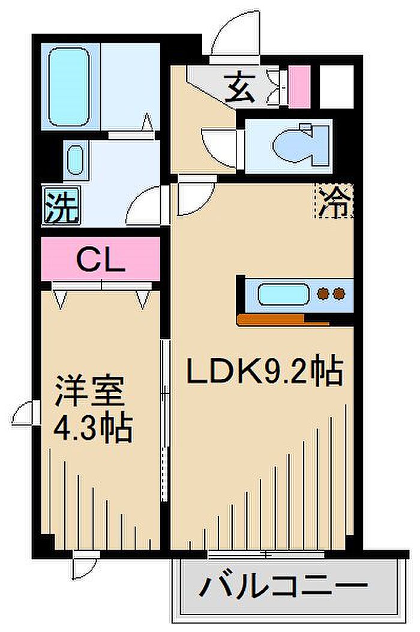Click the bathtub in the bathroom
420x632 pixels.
coord(69,87)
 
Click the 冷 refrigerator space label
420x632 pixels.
coord(334,201)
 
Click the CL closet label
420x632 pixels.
coord(101,261)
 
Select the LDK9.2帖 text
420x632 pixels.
coord(265,371)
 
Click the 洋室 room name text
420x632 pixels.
coord(90,391)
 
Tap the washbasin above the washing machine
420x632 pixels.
coord(76,160)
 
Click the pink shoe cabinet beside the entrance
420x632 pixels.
coord(300,87)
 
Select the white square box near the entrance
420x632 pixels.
coord(337,87)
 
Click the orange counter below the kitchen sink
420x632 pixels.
coord(283,319)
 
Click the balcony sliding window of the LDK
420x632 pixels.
coord(266,555)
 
